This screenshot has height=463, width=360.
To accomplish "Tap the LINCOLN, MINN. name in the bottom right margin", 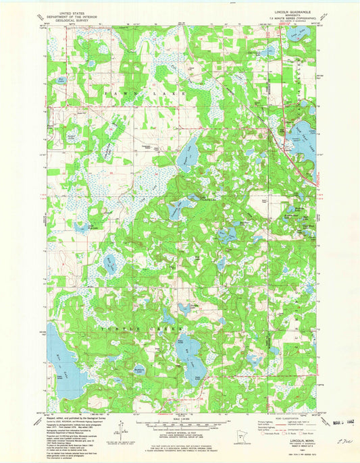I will pos(297,439).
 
